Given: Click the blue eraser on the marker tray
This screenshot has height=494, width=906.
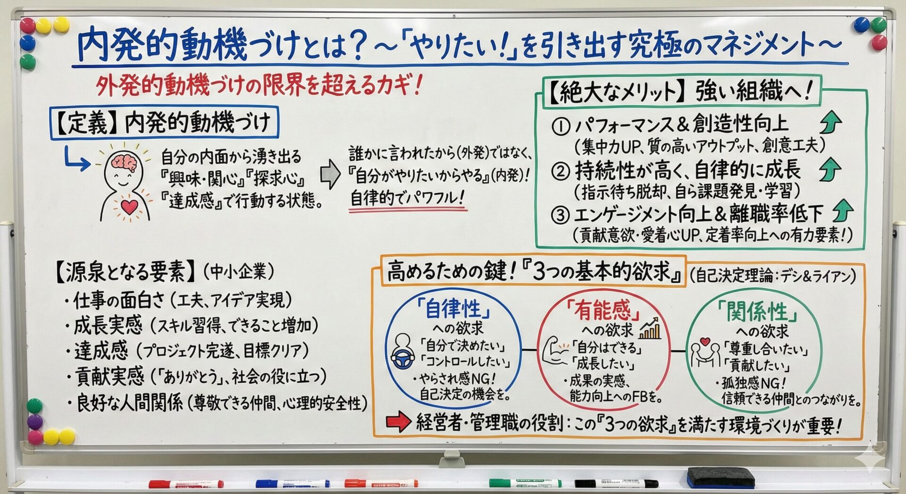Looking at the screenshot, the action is (720, 477).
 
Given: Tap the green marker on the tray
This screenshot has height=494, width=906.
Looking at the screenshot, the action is (525, 483).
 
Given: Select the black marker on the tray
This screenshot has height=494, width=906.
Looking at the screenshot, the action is (616, 484).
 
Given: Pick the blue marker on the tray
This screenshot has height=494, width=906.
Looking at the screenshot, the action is (293, 484).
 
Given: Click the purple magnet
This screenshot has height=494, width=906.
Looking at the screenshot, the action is (34, 421).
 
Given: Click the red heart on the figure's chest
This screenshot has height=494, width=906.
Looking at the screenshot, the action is (129, 206).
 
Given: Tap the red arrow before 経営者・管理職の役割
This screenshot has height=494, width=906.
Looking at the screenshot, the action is (398, 422).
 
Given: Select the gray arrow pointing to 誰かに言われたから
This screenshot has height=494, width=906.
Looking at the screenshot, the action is (330, 174).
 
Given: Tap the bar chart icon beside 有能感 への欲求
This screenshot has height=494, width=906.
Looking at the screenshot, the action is (650, 328).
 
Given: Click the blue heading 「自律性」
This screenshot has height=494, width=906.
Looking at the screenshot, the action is (453, 309).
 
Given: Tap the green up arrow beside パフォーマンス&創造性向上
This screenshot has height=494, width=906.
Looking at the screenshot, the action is (830, 122).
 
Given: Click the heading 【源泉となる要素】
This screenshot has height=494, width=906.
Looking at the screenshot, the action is (125, 272).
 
